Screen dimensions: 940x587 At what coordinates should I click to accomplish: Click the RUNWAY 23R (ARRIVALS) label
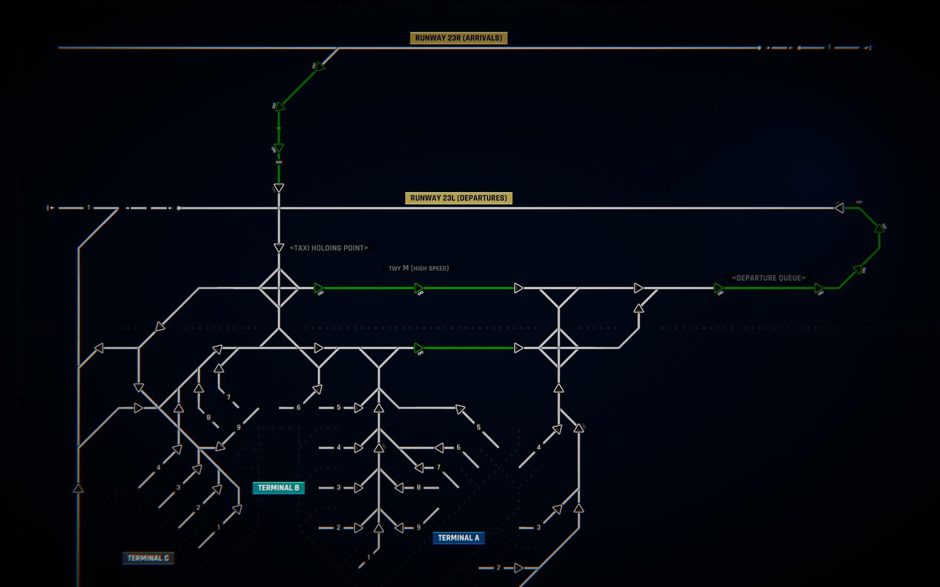459,38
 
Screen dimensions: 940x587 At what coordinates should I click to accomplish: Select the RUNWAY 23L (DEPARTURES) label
459,198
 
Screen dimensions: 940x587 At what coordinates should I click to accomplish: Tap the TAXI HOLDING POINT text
329,248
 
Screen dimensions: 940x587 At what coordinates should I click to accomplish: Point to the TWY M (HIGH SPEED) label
418,268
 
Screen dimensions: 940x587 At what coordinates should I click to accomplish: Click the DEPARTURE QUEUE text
769,278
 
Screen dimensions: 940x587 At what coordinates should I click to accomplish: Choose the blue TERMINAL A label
459,538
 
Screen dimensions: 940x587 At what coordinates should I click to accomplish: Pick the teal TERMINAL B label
279,488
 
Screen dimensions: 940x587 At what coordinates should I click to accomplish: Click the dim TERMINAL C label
148,558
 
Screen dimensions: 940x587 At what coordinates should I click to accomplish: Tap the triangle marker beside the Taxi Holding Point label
279,248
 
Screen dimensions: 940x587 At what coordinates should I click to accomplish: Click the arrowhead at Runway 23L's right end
839,208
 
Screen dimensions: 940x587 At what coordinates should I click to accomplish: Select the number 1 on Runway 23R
830,48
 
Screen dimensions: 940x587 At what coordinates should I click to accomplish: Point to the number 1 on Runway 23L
89,208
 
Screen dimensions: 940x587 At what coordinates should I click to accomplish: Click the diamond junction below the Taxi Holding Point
279,288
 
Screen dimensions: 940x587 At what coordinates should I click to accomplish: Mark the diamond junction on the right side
559,348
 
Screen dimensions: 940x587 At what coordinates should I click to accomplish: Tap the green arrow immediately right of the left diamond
319,288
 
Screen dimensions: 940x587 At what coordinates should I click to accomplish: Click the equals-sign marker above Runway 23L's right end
859,202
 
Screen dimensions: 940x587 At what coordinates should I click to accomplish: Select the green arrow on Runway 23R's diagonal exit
319,67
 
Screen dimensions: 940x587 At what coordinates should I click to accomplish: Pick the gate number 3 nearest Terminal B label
338,488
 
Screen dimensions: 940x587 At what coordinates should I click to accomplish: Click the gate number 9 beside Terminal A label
418,528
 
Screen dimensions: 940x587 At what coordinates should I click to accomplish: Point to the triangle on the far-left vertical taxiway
78,488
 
